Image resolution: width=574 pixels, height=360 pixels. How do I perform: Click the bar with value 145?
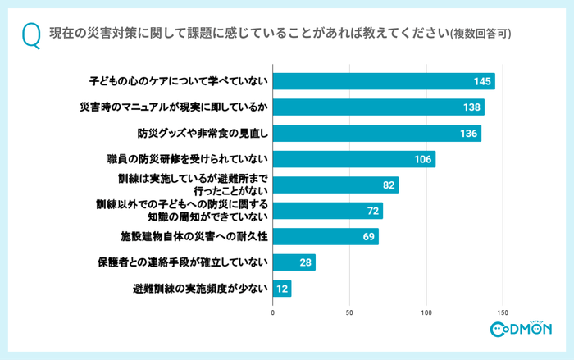click(384, 81)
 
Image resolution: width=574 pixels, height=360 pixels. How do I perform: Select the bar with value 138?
click(378, 107)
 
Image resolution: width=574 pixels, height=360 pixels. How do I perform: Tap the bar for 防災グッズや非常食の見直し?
click(376, 133)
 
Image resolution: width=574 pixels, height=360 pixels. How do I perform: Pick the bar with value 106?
click(353, 159)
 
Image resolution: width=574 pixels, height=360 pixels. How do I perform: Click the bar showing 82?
click(335, 185)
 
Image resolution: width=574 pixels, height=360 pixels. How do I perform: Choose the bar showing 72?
click(328, 211)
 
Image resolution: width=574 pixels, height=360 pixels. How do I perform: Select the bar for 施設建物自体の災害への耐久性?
click(326, 236)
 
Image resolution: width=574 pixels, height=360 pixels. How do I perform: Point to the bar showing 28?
click(294, 262)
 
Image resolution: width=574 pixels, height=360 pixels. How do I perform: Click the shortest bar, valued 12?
click(282, 289)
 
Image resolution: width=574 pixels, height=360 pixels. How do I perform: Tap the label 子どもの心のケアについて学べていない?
click(178, 81)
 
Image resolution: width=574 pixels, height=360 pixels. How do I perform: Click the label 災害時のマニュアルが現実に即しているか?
click(174, 107)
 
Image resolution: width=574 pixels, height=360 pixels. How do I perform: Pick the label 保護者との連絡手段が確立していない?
click(182, 262)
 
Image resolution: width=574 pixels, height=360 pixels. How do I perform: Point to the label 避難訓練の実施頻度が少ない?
click(199, 289)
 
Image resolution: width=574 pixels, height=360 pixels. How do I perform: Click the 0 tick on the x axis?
click(273, 312)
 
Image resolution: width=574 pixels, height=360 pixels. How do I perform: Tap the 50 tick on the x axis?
click(349, 312)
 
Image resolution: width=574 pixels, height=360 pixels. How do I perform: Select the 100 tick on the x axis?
click(426, 312)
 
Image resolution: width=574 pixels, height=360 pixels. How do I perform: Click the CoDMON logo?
click(520, 330)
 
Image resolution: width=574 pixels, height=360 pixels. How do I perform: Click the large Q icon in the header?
click(31, 35)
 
